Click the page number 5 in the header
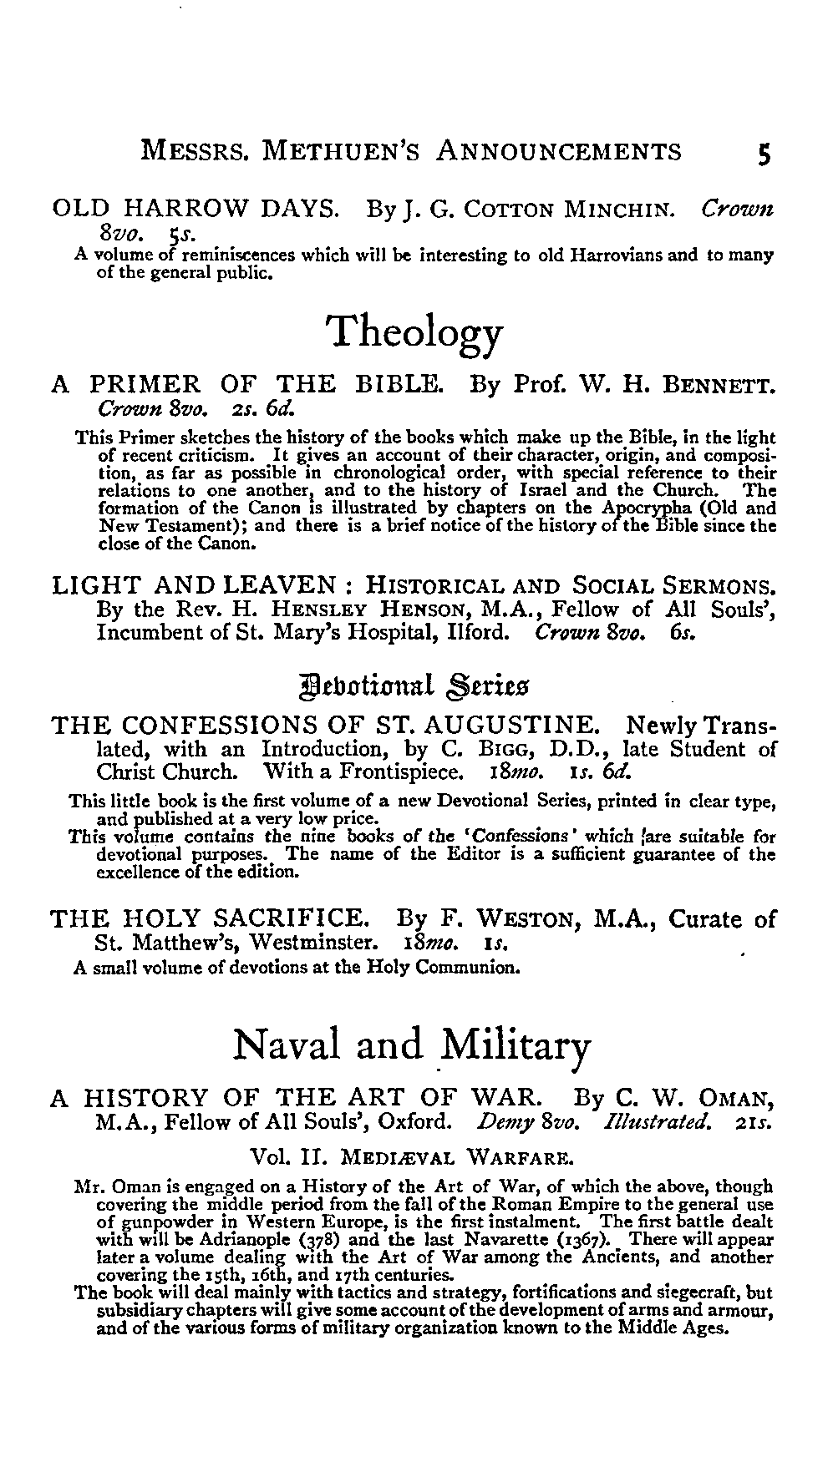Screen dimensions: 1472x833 pyautogui.click(x=763, y=153)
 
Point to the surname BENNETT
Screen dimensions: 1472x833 pyautogui.click(x=719, y=387)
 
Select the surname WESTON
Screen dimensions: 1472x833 pyautogui.click(x=526, y=921)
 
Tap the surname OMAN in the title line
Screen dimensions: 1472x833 pyautogui.click(x=732, y=1097)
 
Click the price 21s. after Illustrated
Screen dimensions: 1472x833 pyautogui.click(x=756, y=1120)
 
